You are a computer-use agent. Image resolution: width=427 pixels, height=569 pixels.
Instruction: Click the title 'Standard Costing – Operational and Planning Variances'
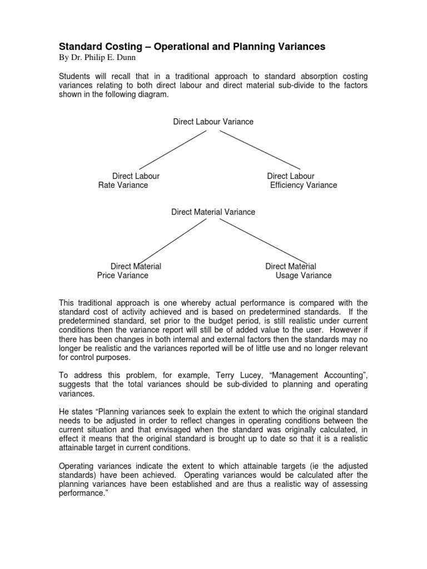click(x=192, y=47)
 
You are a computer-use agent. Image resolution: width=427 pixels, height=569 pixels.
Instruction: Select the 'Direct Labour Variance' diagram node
click(x=213, y=122)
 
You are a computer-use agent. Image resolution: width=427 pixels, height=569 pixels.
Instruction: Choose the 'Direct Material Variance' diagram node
click(x=213, y=212)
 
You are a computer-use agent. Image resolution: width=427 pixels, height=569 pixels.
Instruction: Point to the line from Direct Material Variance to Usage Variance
click(x=259, y=240)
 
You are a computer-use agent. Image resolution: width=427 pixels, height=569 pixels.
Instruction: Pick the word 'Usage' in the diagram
click(x=286, y=275)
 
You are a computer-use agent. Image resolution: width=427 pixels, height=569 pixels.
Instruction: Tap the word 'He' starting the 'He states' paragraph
click(x=64, y=411)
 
